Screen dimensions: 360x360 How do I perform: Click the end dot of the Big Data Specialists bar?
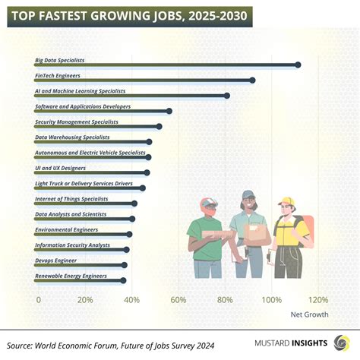click(298, 65)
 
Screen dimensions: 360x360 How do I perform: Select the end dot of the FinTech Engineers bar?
click(252, 80)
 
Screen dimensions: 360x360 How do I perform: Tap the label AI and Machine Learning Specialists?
click(80, 90)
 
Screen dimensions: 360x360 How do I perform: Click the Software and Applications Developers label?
click(83, 106)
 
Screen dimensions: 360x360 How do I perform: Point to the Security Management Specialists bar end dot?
click(159, 127)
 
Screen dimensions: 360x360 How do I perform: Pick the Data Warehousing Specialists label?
click(72, 137)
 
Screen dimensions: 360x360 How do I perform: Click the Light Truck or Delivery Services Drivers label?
click(84, 183)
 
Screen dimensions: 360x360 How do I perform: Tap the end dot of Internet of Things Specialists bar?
click(134, 204)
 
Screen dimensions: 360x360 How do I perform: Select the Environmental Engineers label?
click(66, 229)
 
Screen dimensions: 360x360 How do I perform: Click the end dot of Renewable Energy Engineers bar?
click(123, 280)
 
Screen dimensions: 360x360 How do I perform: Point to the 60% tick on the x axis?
click(178, 300)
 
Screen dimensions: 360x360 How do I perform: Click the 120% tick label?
click(318, 300)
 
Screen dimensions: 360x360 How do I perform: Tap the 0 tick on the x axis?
click(39, 300)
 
